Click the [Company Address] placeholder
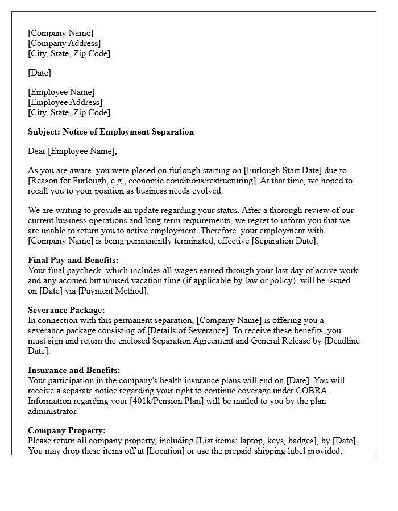(64, 43)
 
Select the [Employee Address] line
(65, 102)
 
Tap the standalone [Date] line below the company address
(39, 73)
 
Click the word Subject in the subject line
(44, 132)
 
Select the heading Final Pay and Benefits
(73, 260)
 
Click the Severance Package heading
(66, 310)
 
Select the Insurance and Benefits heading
(74, 370)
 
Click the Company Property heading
(67, 430)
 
